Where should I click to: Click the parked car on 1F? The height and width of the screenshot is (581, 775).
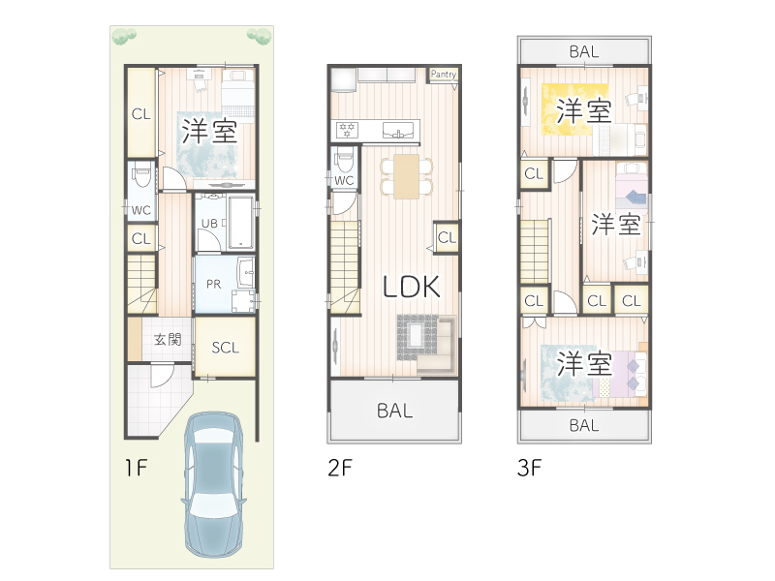[213, 485]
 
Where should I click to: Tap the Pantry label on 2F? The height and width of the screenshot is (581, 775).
[444, 75]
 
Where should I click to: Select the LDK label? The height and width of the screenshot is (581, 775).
[412, 287]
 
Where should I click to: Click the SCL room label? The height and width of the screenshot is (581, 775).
[226, 348]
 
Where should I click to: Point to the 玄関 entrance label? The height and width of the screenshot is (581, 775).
[168, 340]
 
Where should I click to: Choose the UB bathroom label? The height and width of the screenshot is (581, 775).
[209, 224]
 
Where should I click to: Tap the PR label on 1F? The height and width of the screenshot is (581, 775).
[213, 284]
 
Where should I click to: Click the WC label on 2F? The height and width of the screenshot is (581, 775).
[344, 180]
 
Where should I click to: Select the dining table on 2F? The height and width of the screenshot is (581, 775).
[406, 177]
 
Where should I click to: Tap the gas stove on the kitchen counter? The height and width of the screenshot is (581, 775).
[347, 131]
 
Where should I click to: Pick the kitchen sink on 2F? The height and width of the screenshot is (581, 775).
[398, 131]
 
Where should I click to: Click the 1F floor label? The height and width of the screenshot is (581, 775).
[137, 468]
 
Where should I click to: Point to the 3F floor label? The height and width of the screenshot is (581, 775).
[529, 468]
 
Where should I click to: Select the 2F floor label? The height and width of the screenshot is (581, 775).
[340, 468]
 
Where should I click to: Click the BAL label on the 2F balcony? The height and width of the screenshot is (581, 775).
[394, 411]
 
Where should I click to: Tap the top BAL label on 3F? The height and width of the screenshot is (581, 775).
[584, 51]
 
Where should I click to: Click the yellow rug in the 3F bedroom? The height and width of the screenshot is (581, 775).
[574, 109]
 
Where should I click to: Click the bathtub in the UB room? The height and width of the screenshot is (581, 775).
[240, 223]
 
